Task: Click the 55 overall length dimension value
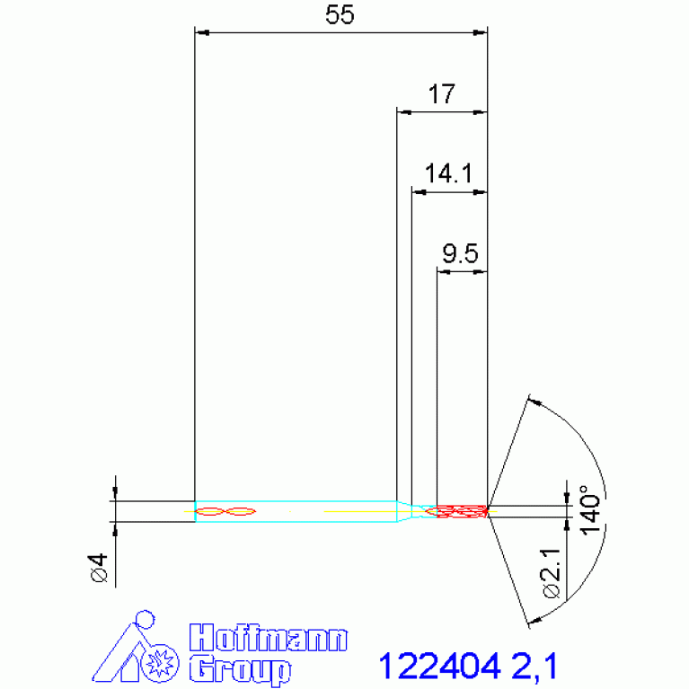[340, 15]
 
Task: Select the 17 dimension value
[442, 94]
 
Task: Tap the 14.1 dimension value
[448, 173]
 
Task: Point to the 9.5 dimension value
[460, 255]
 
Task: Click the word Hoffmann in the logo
[268, 640]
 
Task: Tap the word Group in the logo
[240, 669]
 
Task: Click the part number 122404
[438, 667]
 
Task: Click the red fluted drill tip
[460, 511]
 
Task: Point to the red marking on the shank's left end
[225, 511]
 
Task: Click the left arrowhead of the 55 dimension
[202, 33]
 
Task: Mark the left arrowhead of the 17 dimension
[403, 112]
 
